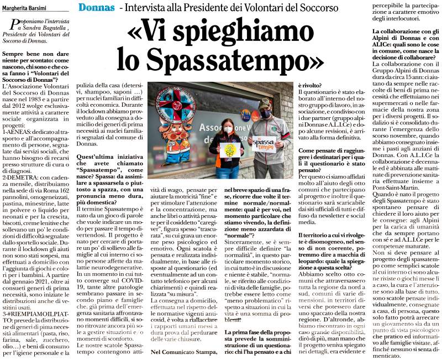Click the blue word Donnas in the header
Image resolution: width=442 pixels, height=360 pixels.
click(97, 8)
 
